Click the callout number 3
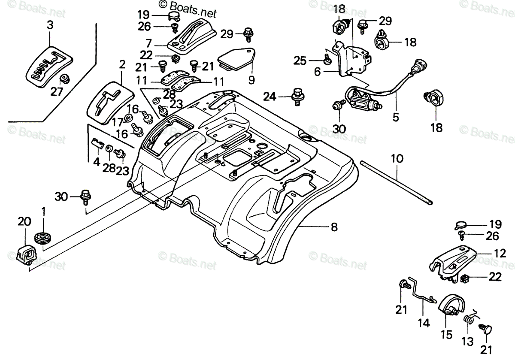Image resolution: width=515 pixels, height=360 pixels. click(x=50, y=25)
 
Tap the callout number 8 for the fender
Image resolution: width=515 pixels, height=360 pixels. click(x=334, y=227)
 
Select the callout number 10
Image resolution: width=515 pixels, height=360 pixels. click(x=397, y=159)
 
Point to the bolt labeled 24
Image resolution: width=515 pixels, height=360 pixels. click(x=297, y=97)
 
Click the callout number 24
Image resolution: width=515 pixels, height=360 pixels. click(x=270, y=97)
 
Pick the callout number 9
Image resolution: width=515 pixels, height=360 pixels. click(x=251, y=80)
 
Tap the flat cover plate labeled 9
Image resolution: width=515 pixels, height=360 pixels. click(x=236, y=59)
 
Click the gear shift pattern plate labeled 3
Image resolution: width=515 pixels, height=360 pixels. click(x=49, y=67)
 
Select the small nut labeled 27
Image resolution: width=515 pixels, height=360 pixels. click(x=65, y=79)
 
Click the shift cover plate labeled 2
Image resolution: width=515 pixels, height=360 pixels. click(x=110, y=103)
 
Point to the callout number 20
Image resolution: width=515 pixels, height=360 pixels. click(x=24, y=221)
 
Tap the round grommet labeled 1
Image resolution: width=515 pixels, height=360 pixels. click(x=43, y=237)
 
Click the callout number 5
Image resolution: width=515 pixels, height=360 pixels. click(x=395, y=117)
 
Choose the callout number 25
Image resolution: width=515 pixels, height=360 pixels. click(x=300, y=61)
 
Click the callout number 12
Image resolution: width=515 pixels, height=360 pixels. click(x=500, y=253)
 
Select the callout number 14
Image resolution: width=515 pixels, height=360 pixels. click(x=424, y=323)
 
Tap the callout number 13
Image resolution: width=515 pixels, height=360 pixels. click(x=467, y=342)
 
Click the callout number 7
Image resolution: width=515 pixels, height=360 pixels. click(x=149, y=43)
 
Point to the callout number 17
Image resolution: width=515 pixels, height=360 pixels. click(x=118, y=122)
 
